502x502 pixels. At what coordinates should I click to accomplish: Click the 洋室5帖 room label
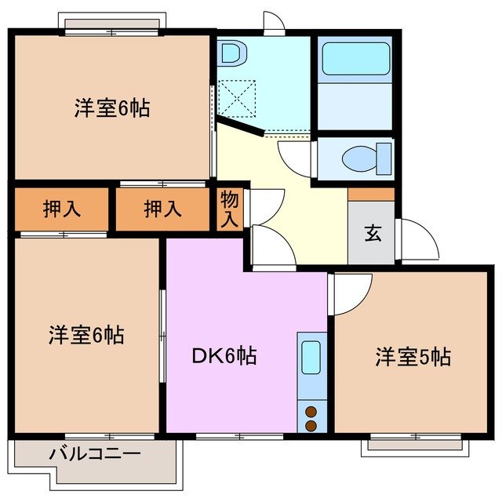coord(413,358)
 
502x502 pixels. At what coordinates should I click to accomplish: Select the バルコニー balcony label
coord(95,453)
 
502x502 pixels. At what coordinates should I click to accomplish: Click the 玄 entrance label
coord(371,234)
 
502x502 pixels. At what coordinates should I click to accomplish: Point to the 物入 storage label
coord(230,208)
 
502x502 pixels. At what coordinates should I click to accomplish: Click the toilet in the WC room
coord(367,158)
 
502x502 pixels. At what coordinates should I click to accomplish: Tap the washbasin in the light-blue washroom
coord(232,54)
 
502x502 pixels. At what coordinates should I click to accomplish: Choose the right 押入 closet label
coord(163,209)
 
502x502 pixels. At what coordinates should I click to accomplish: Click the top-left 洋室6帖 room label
coord(112,108)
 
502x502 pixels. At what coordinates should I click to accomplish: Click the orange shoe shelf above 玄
coord(371,194)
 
